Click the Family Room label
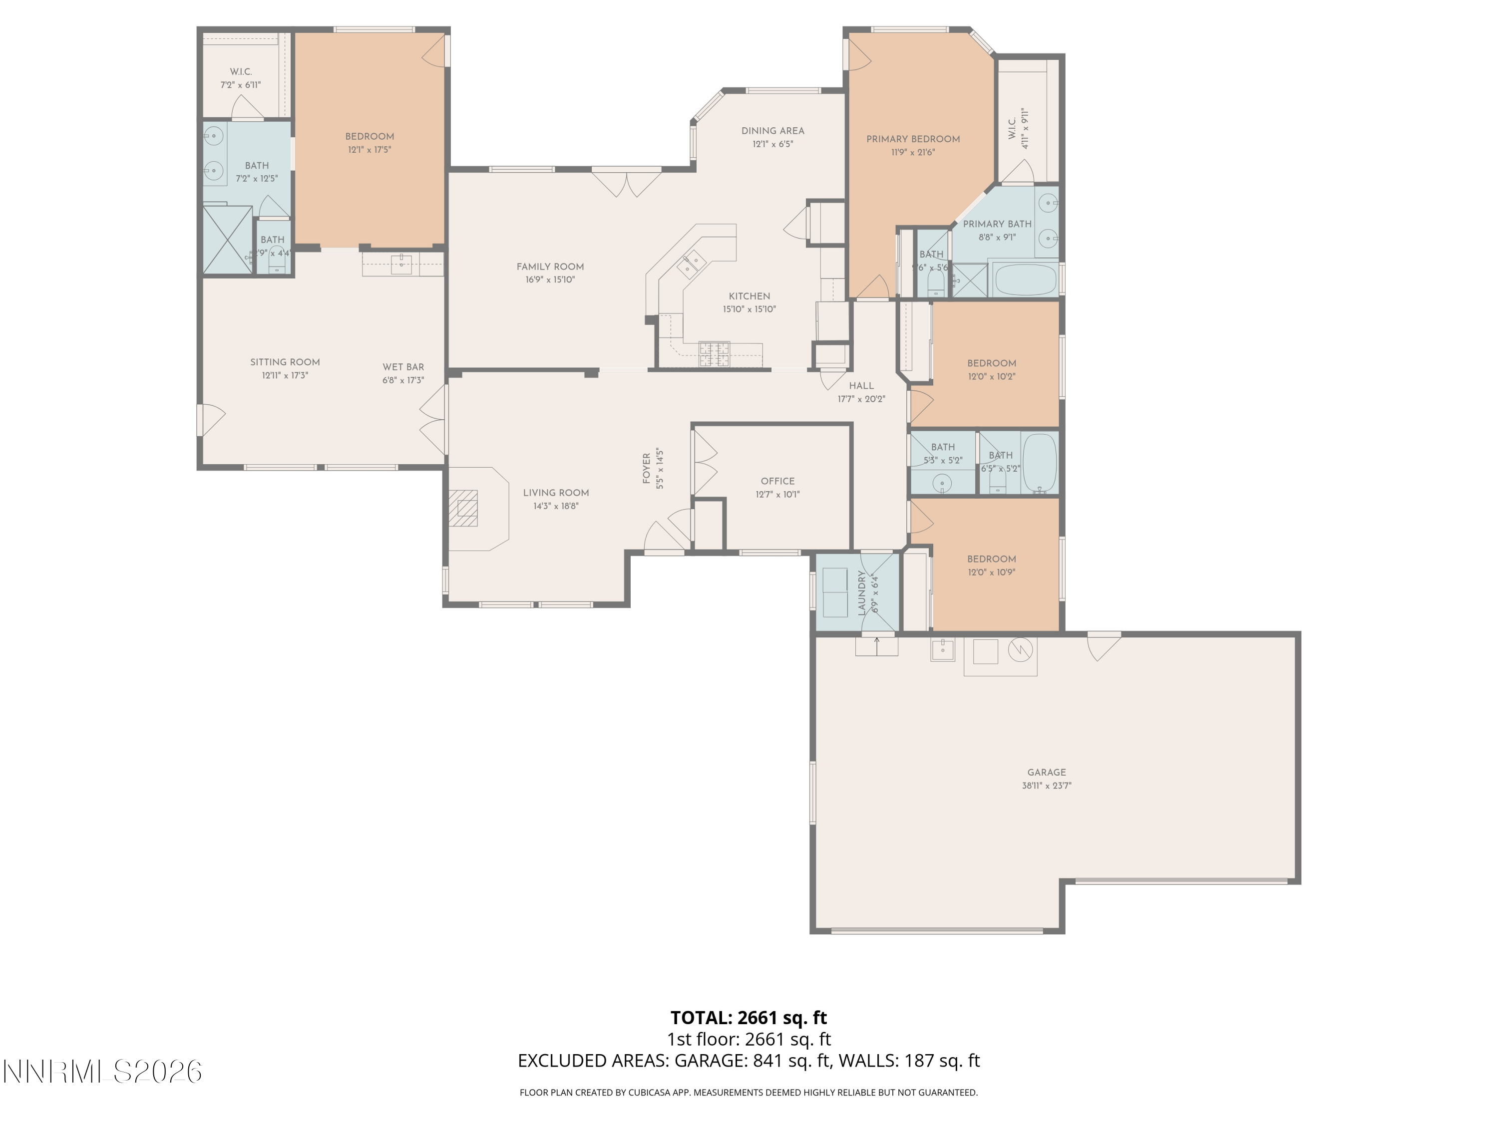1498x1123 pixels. [x=550, y=267]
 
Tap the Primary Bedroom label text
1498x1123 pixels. [x=913, y=139]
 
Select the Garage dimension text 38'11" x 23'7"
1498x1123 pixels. [x=1046, y=786]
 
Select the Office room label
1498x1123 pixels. [x=777, y=481]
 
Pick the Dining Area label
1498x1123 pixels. [x=772, y=131]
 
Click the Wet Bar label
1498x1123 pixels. [x=403, y=367]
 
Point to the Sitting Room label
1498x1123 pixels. [x=285, y=362]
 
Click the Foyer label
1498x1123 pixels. [x=646, y=469]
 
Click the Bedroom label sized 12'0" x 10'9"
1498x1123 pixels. [x=992, y=559]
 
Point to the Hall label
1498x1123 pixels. [x=861, y=386]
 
